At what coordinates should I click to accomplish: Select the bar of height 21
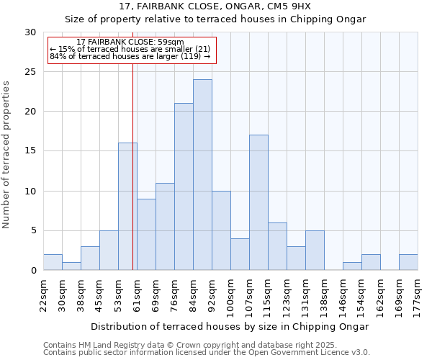pos(184,186)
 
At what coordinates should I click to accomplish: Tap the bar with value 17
pos(258,202)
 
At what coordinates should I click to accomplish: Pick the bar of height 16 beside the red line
pos(127,207)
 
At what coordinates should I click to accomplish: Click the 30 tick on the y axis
pos(30,32)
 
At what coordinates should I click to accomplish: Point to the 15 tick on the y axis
pos(30,151)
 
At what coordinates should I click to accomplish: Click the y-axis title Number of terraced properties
pos(6,155)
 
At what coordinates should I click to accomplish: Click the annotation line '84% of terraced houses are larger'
pos(130,56)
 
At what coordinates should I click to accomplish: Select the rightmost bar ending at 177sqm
pos(408,262)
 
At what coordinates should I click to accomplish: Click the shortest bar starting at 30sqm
pos(71,266)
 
